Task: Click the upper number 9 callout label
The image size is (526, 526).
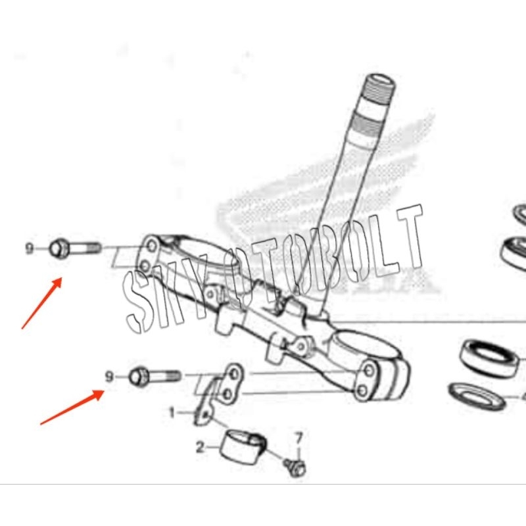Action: pyautogui.click(x=29, y=249)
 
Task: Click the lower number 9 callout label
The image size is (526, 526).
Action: pyautogui.click(x=110, y=376)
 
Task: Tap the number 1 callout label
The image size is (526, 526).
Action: pyautogui.click(x=172, y=413)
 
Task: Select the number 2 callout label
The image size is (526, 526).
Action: pyautogui.click(x=200, y=448)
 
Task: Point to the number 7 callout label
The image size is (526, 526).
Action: pyautogui.click(x=299, y=437)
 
